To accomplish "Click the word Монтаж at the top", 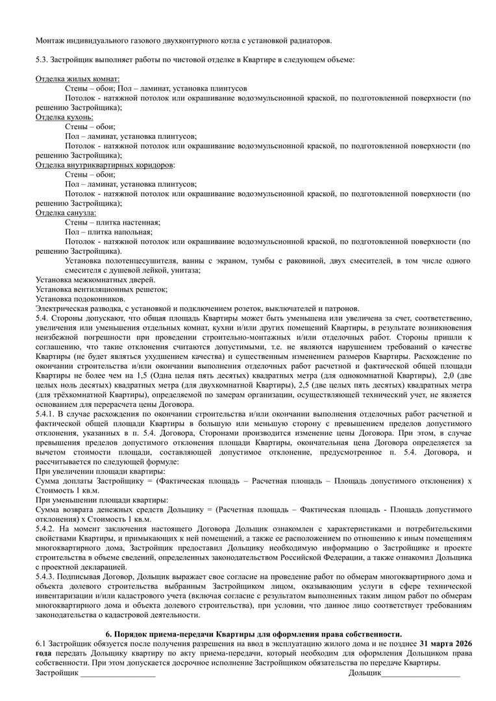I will (x=51, y=40).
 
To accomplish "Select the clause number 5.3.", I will (x=43, y=60).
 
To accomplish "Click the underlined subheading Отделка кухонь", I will (x=64, y=117).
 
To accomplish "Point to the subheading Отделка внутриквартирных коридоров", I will (x=105, y=165).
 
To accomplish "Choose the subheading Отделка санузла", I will (x=66, y=212).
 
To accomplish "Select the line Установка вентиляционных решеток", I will (x=101, y=289).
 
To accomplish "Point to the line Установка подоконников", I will (x=81, y=299).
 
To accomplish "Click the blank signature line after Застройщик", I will (x=118, y=675).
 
